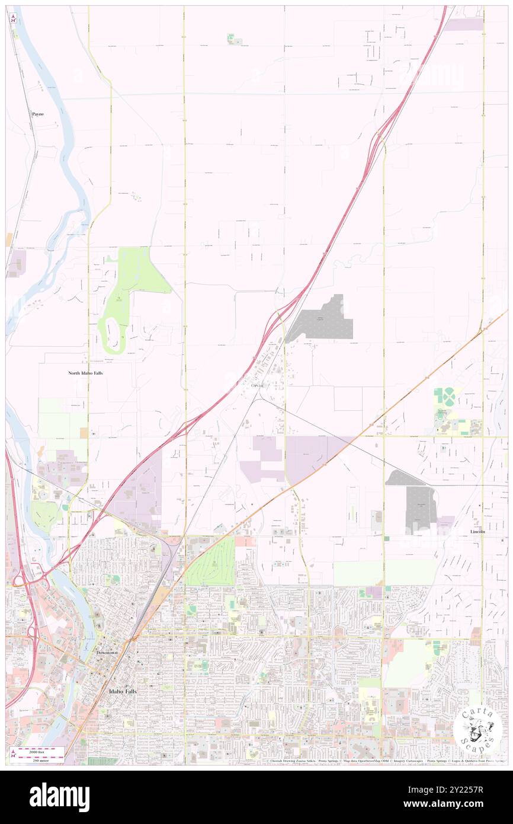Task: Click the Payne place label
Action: tap(38, 113)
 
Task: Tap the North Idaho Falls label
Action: tap(85, 373)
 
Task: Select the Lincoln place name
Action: tap(477, 532)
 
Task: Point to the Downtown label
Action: tap(107, 652)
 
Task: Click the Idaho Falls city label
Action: tap(123, 691)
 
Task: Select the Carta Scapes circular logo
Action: tap(477, 730)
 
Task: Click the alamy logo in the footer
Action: tap(59, 797)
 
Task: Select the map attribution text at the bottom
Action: tap(385, 761)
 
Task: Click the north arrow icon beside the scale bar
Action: tap(14, 753)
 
